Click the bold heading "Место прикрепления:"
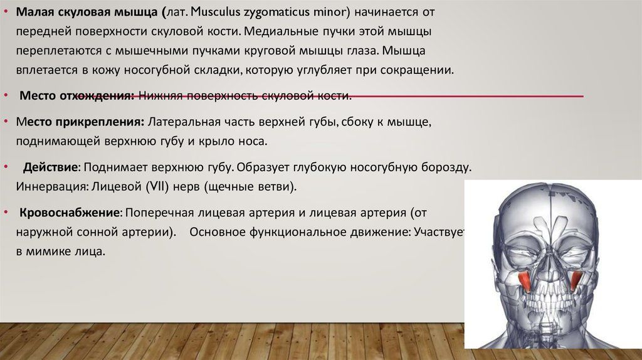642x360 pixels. (80, 122)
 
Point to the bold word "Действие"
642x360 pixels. (50, 167)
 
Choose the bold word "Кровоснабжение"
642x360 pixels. (70, 213)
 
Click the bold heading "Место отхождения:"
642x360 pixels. (77, 96)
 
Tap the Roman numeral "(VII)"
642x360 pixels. (157, 187)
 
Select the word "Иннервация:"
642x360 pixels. (53, 187)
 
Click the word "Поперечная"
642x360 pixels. (161, 213)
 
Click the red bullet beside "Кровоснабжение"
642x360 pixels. (6, 212)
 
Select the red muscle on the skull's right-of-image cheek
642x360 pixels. (577, 282)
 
